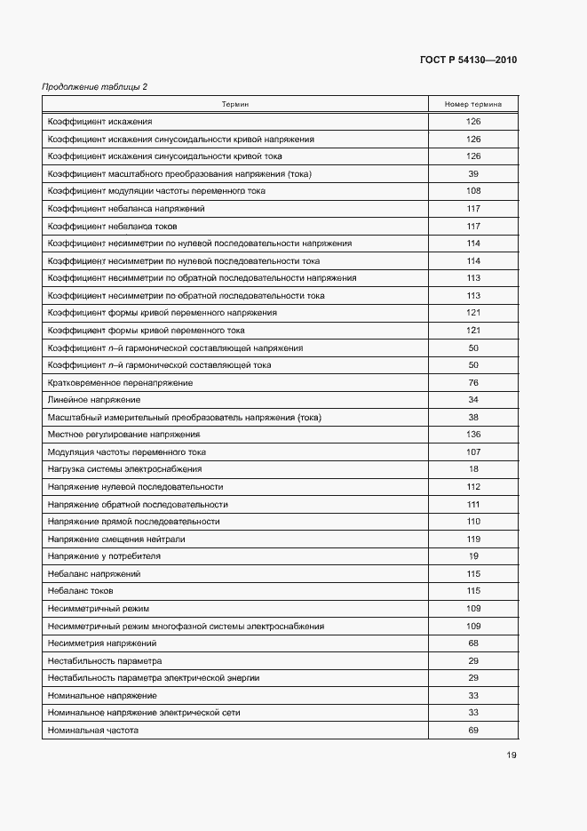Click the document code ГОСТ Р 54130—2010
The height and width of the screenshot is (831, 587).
coord(468,60)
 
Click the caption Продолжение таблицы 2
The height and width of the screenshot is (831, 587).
coord(95,86)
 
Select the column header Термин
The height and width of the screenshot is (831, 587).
coord(235,104)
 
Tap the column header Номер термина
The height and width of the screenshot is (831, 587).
coord(473,104)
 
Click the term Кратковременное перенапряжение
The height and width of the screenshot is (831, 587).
coord(120,382)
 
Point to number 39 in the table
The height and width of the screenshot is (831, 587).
coord(473,174)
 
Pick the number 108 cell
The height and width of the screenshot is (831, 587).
coord(473,191)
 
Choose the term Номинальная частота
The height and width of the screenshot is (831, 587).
coord(93,730)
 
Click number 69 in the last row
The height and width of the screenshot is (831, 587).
coord(473,730)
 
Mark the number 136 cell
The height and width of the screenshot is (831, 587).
coord(473,435)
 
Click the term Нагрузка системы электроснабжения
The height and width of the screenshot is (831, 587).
coord(125,469)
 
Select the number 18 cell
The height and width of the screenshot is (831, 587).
coord(473,469)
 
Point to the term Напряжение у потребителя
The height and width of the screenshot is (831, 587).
coord(104,556)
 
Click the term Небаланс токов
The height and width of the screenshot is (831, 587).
coord(81,591)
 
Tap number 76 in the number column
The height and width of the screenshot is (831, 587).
coord(473,382)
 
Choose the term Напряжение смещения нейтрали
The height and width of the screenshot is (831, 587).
coord(116,539)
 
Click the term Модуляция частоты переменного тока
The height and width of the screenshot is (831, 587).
coord(127,451)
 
